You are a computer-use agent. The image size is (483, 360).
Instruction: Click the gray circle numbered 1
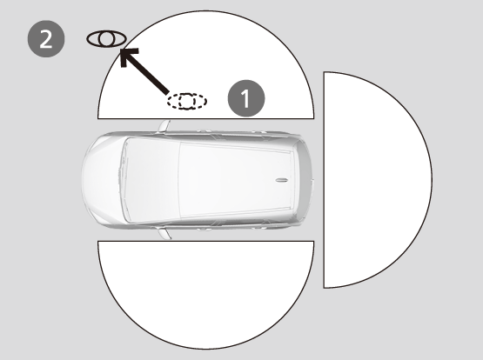(x=246, y=98)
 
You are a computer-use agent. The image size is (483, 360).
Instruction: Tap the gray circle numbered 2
(x=46, y=39)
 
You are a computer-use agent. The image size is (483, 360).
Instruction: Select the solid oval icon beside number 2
(x=106, y=39)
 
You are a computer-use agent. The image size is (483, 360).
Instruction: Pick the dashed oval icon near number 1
(x=187, y=101)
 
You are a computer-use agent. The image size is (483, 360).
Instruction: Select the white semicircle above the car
(x=205, y=64)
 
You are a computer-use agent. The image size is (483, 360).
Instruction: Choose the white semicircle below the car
(x=205, y=295)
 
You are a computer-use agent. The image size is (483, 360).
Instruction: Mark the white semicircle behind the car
(x=378, y=180)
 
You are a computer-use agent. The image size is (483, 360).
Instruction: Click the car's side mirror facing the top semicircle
(x=164, y=127)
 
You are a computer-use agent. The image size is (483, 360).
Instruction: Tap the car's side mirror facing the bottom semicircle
(x=164, y=233)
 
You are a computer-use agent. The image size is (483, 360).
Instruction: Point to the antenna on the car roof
(x=281, y=180)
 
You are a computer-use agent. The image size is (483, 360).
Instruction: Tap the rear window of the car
(x=299, y=180)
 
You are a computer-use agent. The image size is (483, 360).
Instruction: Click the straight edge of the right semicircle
(x=324, y=180)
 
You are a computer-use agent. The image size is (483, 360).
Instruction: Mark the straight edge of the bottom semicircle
(x=205, y=241)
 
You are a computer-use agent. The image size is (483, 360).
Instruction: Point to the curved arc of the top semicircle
(x=205, y=11)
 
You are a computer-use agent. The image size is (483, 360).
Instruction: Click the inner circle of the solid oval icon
(x=106, y=39)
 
